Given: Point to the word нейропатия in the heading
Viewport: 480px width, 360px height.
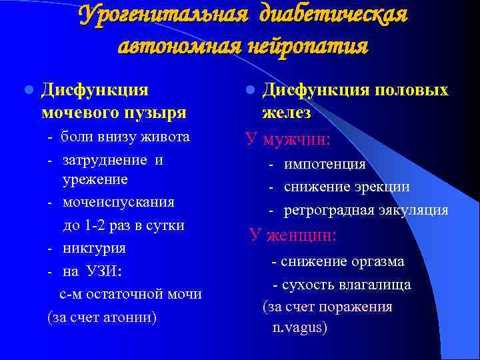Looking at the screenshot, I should tap(313, 46).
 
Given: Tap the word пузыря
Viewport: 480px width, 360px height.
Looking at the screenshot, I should tap(153, 112).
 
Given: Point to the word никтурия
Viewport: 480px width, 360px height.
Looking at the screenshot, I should tap(94, 249).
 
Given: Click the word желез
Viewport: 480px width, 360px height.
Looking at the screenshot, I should tap(286, 112).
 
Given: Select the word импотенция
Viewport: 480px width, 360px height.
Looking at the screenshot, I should tap(325, 164).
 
